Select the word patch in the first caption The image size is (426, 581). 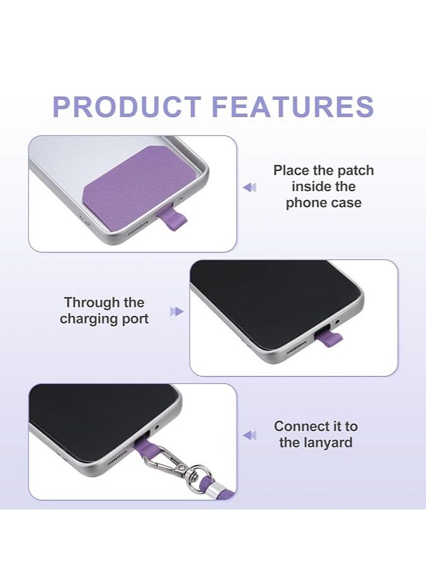tap(354, 170)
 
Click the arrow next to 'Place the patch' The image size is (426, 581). tap(250, 187)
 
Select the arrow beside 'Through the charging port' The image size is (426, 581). tap(176, 311)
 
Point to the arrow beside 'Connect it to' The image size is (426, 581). tap(250, 435)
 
